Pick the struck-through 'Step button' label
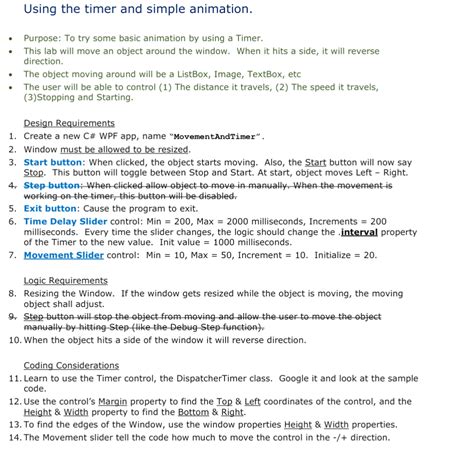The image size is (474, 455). (x=52, y=185)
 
